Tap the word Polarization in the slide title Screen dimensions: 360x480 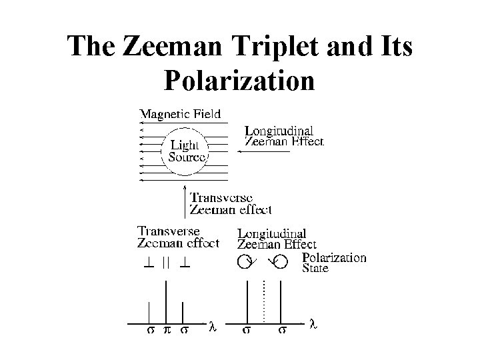pyautogui.click(x=238, y=81)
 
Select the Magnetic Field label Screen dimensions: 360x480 pyautogui.click(x=180, y=114)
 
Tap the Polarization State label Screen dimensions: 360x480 pyautogui.click(x=334, y=262)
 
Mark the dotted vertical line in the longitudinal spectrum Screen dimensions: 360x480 pyautogui.click(x=264, y=300)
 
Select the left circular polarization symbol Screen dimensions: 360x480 pyautogui.click(x=245, y=262)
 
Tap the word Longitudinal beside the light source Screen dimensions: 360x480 pyautogui.click(x=279, y=131)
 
